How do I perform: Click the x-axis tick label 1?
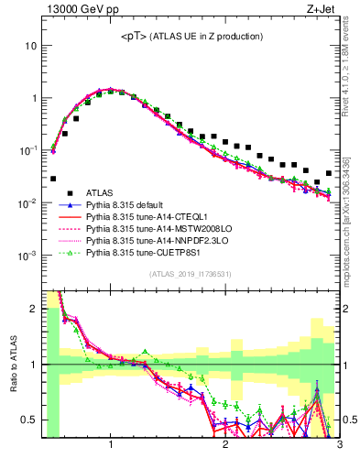(x=111, y=446)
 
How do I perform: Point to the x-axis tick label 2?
(x=225, y=446)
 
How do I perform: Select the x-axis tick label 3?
(x=339, y=446)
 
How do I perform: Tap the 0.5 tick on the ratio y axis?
(x=30, y=420)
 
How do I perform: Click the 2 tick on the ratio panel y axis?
(x=35, y=309)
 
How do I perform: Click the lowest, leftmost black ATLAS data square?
(x=53, y=179)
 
